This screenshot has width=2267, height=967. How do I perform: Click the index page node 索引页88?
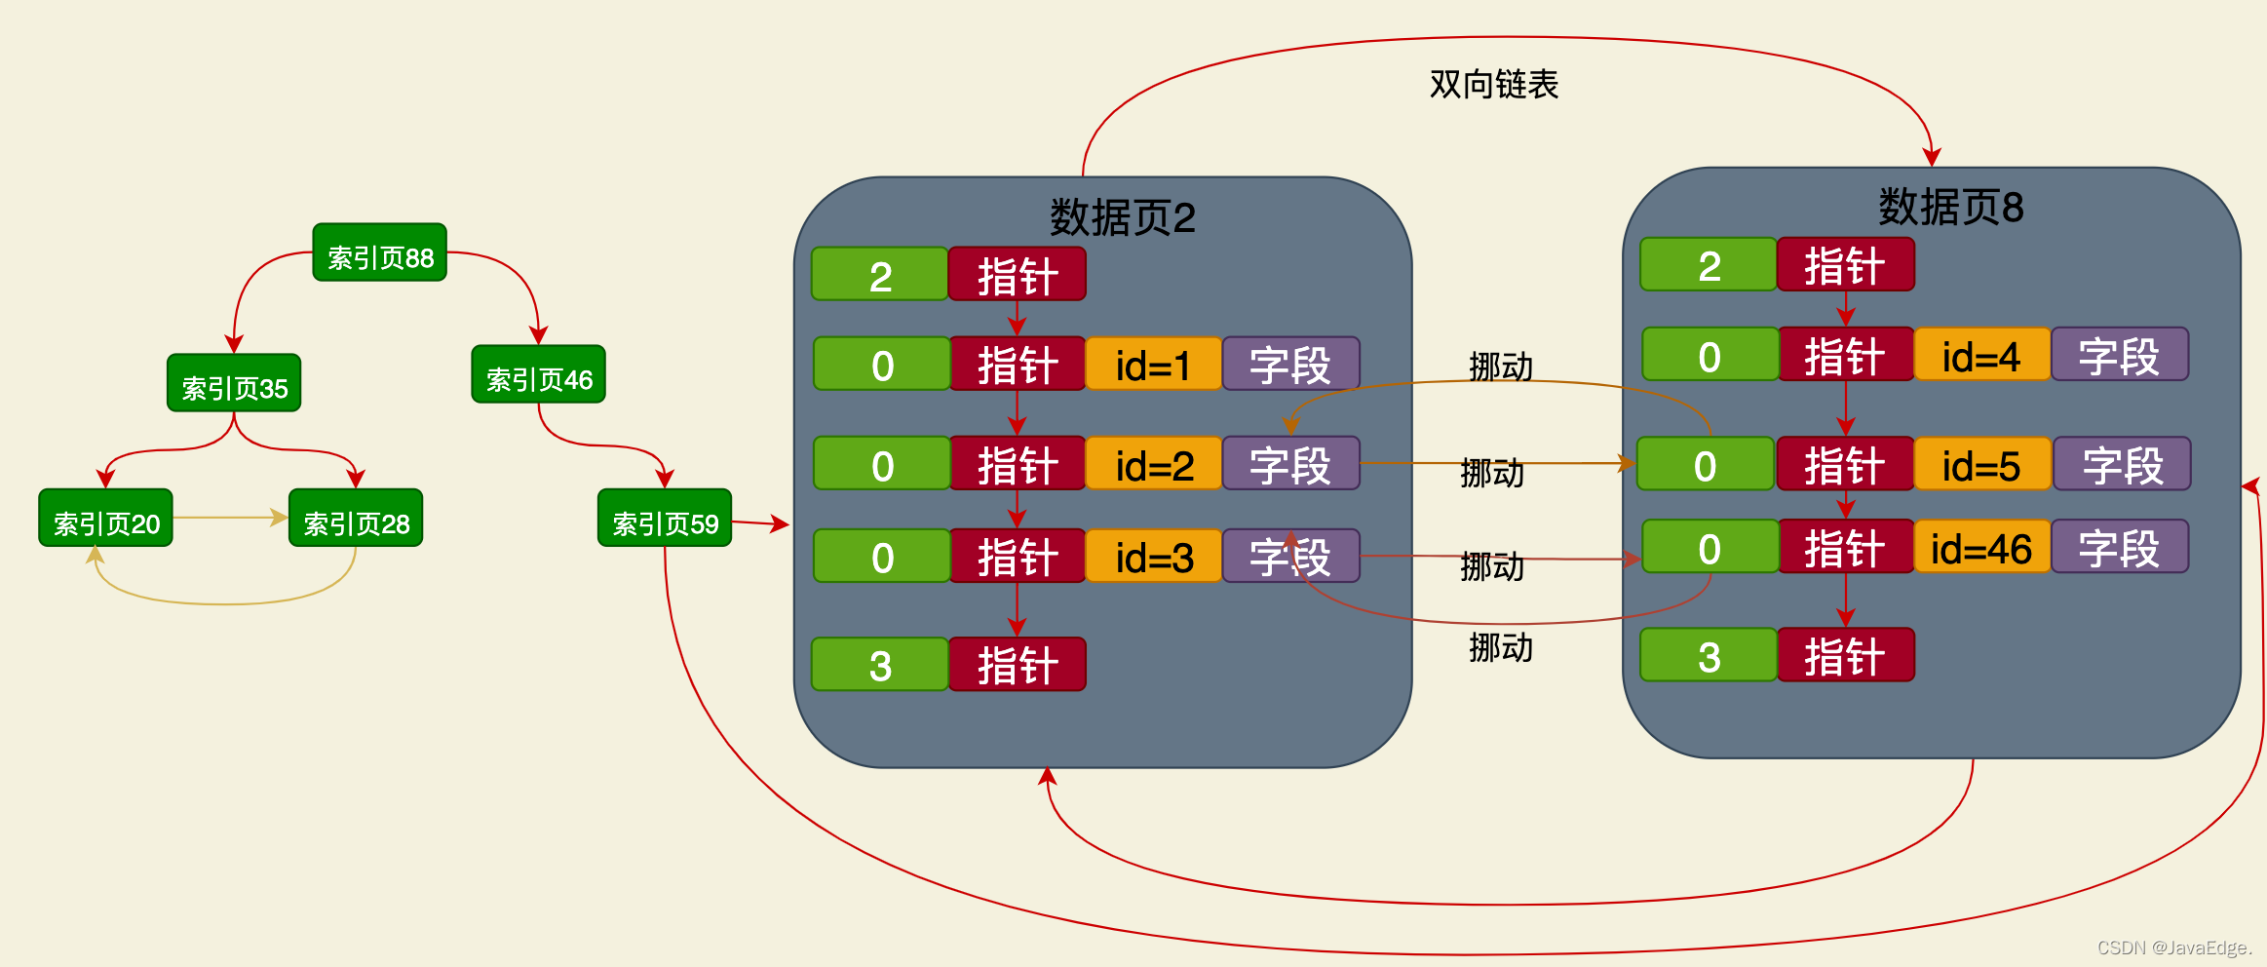pyautogui.click(x=379, y=252)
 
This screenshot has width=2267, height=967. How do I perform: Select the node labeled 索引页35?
pyautogui.click(x=234, y=383)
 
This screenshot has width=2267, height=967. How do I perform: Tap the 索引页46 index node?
pyautogui.click(x=538, y=374)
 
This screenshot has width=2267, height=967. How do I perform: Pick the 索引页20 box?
pyautogui.click(x=105, y=519)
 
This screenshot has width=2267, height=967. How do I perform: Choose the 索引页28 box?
pyautogui.click(x=356, y=519)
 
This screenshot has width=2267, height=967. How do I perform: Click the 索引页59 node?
pyautogui.click(x=665, y=519)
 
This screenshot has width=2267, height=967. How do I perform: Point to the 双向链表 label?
pyautogui.click(x=1493, y=84)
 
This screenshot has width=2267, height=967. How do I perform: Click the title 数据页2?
pyautogui.click(x=1122, y=217)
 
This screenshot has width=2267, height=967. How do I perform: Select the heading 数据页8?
pyautogui.click(x=1950, y=207)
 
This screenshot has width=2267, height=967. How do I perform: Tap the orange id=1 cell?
pyautogui.click(x=1153, y=365)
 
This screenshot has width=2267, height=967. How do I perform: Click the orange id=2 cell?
pyautogui.click(x=1153, y=464)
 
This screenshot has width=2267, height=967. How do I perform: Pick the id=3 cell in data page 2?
pyautogui.click(x=1153, y=557)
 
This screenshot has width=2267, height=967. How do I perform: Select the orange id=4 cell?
pyautogui.click(x=1981, y=355)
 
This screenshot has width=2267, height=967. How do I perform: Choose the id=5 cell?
pyautogui.click(x=1981, y=464)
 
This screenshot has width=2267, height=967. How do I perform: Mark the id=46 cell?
pyautogui.click(x=1981, y=547)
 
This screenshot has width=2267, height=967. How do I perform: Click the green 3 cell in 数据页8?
pyautogui.click(x=1709, y=655)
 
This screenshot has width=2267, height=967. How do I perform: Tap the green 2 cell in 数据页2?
pyautogui.click(x=879, y=275)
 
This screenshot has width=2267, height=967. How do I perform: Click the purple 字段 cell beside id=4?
pyautogui.click(x=2120, y=355)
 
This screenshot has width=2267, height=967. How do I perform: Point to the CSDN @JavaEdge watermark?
pyautogui.click(x=2174, y=948)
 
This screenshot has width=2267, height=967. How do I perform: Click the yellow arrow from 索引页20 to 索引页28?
pyautogui.click(x=230, y=518)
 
